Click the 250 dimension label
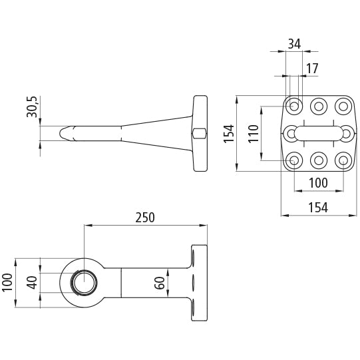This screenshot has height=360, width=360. [145, 218]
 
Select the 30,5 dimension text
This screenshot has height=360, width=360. [32, 106]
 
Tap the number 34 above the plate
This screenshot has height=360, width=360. [294, 44]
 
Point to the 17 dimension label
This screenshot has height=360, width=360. [312, 69]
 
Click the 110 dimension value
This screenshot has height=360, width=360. [254, 134]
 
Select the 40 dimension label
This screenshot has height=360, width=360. [32, 282]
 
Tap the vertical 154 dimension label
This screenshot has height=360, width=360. [229, 134]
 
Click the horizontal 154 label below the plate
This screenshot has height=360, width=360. [318, 208]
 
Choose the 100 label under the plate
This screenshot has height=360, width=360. [318, 183]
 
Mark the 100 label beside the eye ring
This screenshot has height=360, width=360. [7, 283]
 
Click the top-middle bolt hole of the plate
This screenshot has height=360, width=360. [319, 106]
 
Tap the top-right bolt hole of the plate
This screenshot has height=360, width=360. [343, 106]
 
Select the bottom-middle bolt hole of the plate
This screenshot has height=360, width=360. [319, 160]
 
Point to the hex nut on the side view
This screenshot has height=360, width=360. [199, 133]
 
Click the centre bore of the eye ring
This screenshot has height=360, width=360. [85, 283]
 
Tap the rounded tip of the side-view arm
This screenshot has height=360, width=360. [61, 133]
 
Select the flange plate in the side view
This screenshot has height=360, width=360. [200, 133]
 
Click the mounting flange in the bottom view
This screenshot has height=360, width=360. [199, 283]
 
